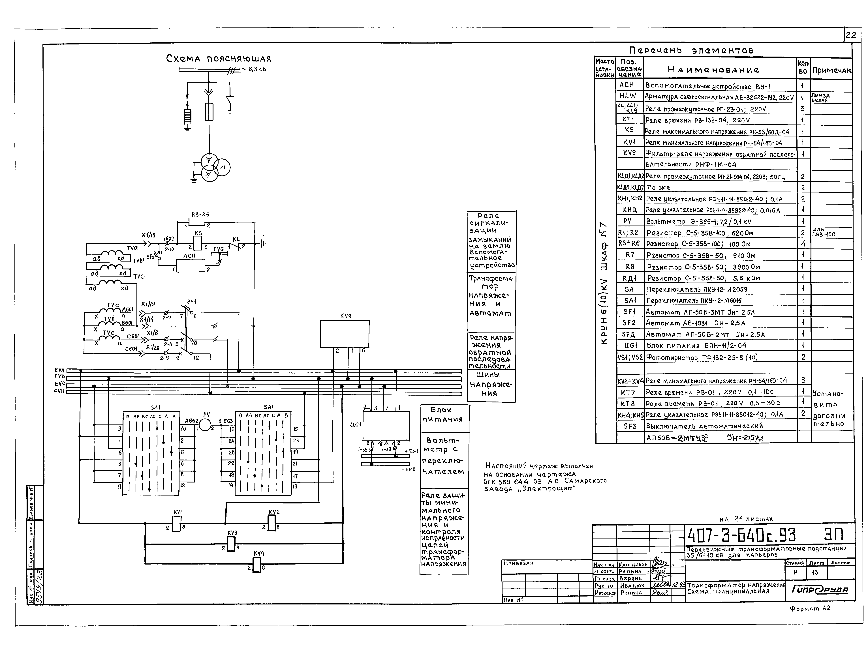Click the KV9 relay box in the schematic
[x=345, y=333]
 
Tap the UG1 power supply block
[x=386, y=426]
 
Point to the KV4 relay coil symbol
[x=257, y=565]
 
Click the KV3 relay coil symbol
[x=231, y=544]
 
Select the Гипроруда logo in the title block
[x=820, y=590]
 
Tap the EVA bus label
[x=59, y=370]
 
